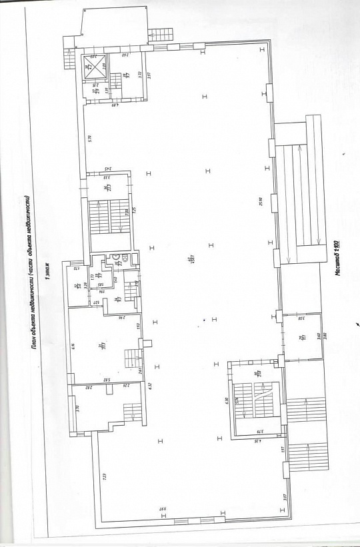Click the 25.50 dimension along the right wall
259,200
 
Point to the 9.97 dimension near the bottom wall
162,508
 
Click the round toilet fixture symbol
115,255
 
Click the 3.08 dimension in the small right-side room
299,320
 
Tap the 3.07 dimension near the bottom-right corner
283,496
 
